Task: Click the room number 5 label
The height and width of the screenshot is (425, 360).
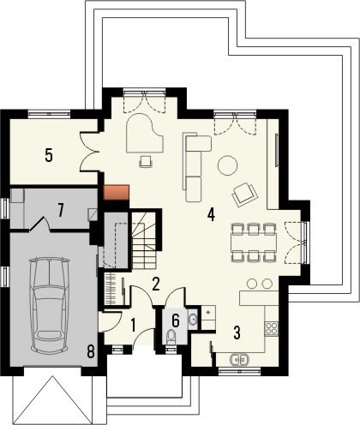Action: (x=49, y=155)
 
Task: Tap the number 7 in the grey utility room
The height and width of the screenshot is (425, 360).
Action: (x=60, y=208)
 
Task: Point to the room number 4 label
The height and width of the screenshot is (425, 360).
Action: (x=210, y=215)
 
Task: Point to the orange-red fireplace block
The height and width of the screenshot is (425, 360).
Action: (x=116, y=194)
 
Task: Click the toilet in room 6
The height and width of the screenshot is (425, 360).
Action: (x=172, y=342)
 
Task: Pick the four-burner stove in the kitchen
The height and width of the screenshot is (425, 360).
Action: (x=273, y=327)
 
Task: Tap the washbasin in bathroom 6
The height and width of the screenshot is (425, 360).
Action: (x=193, y=319)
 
